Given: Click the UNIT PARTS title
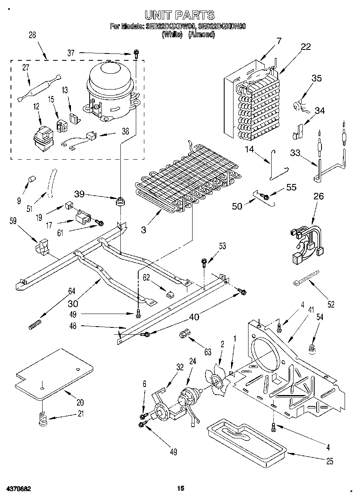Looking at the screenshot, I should [180, 15].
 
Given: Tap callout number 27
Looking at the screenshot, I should [26, 68].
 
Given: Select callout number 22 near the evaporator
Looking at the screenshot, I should [306, 47].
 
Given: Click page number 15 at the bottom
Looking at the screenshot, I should [180, 489].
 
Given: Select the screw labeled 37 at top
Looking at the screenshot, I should [137, 53].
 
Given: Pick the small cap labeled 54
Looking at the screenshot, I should [313, 348].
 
